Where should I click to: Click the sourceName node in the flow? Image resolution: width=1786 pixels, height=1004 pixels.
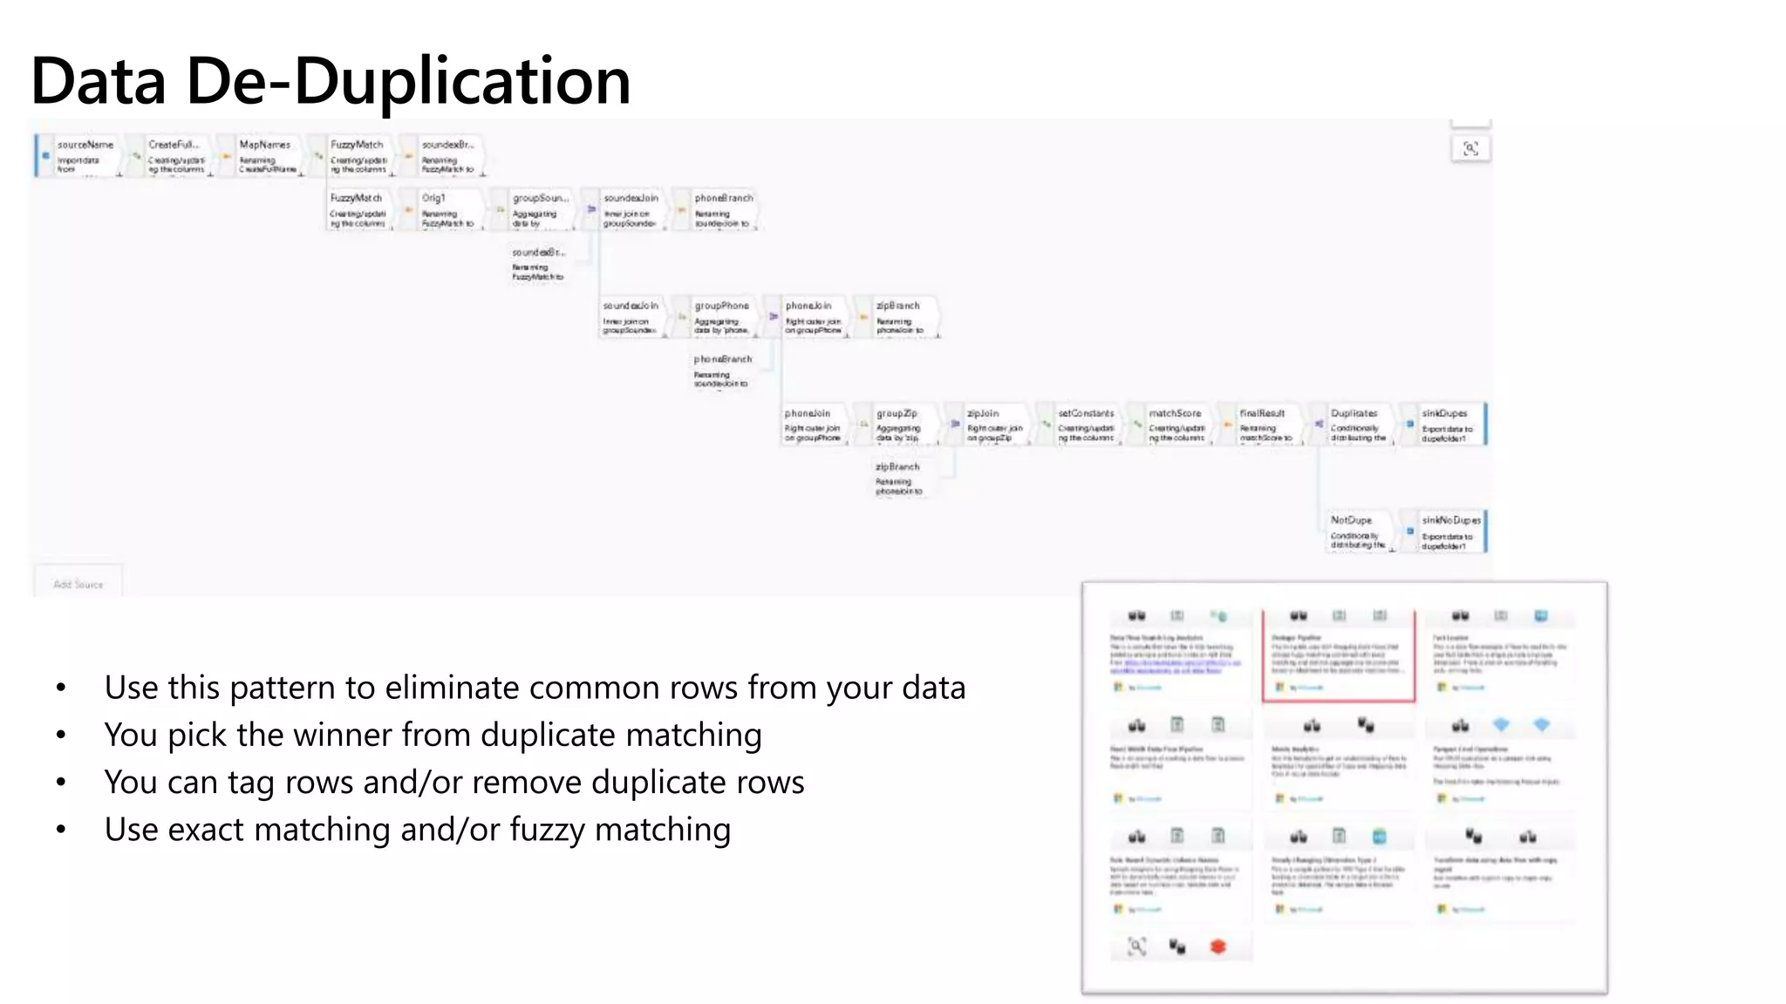tap(85, 156)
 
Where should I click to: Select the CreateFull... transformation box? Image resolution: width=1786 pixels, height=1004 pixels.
tap(176, 156)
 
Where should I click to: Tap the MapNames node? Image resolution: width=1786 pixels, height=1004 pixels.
tap(267, 156)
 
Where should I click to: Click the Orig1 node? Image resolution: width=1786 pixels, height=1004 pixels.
tap(446, 210)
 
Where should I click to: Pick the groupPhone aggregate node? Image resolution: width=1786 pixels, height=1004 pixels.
tap(721, 317)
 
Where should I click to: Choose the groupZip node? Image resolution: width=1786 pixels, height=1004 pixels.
tap(898, 425)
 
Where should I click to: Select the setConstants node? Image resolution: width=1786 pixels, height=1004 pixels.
tap(1086, 425)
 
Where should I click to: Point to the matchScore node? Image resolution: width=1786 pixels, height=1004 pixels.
tap(1176, 425)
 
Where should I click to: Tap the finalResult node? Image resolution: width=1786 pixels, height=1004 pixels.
tap(1265, 425)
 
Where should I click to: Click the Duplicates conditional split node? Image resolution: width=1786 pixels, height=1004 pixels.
tap(1357, 425)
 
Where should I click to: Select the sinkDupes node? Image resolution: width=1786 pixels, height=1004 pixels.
tap(1448, 425)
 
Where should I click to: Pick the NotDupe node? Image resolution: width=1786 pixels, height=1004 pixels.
tap(1357, 532)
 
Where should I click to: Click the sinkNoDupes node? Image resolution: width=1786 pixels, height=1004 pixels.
tap(1449, 532)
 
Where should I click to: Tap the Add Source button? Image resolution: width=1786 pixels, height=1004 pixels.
tap(78, 584)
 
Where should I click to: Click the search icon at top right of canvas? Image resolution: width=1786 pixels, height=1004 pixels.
tap(1470, 149)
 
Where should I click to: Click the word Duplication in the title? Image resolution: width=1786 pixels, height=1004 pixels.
tap(461, 81)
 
